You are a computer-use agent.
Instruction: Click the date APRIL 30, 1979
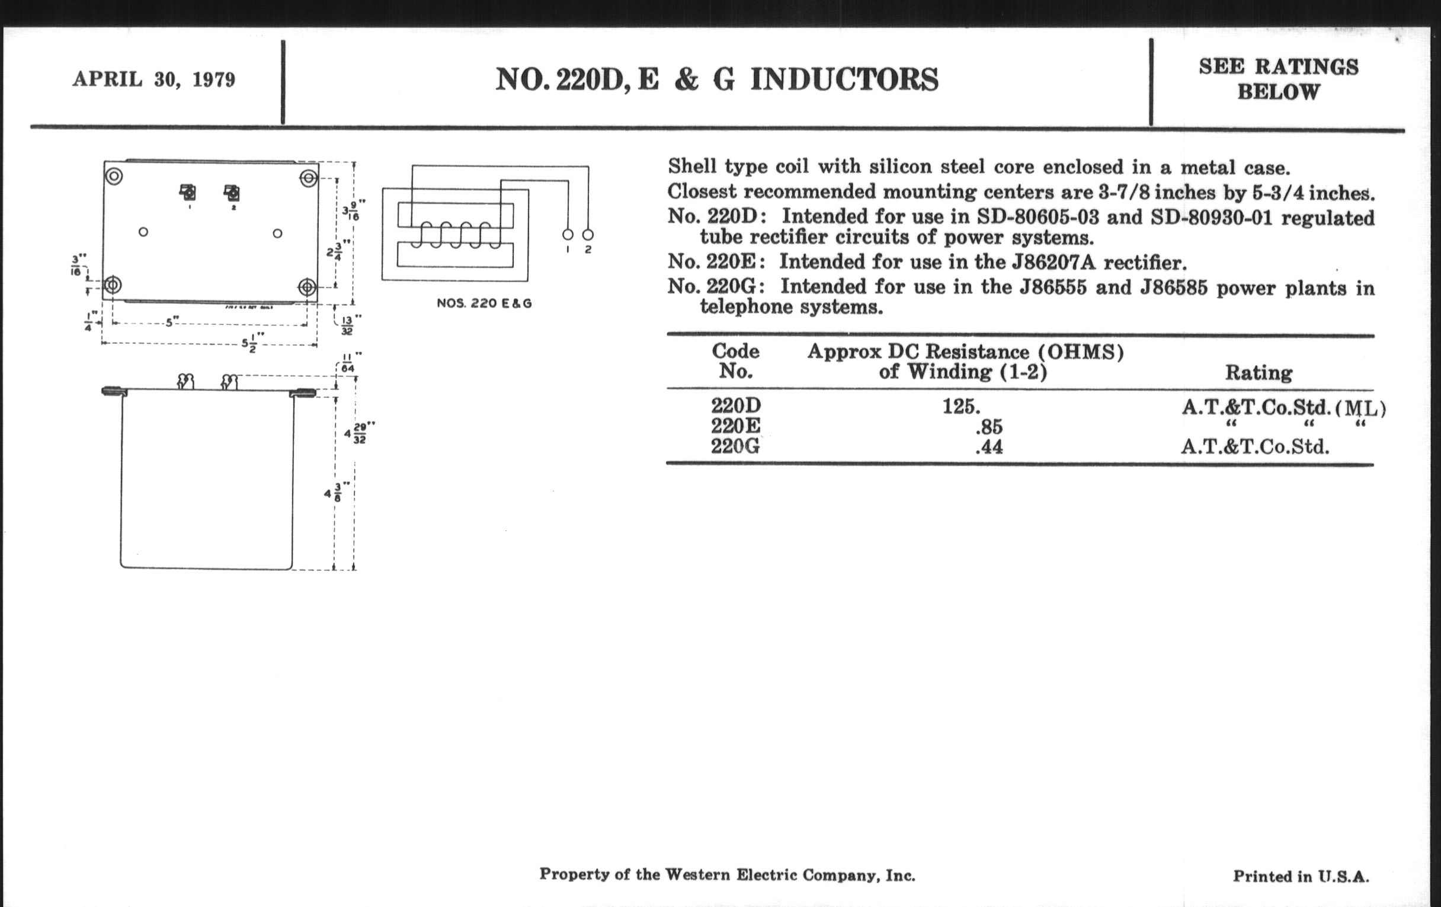[154, 79]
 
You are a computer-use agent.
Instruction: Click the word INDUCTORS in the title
[844, 79]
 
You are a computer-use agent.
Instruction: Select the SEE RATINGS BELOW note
[1278, 79]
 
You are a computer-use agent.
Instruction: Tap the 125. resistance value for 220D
[961, 407]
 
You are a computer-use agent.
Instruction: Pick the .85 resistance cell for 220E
[988, 427]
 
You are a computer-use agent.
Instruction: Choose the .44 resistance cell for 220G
[988, 446]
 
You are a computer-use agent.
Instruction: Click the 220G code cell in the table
[735, 446]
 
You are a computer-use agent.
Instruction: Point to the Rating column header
[1259, 372]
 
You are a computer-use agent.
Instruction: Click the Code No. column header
[735, 361]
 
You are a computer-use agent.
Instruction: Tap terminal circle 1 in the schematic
[568, 235]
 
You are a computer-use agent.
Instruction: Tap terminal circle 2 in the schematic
[588, 235]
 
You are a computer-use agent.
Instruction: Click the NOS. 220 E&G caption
[484, 304]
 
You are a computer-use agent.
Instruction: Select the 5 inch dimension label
[169, 322]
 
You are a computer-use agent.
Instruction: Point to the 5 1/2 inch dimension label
[250, 343]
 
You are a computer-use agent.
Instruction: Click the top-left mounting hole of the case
[114, 177]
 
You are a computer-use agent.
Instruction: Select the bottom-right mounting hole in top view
[307, 288]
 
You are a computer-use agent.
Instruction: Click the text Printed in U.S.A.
[1301, 876]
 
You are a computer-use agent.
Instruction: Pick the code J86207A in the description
[1061, 262]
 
